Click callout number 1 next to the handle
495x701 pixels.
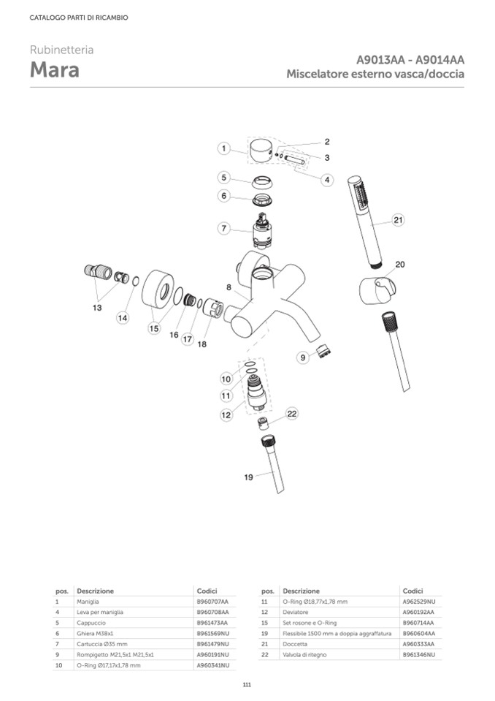(x=225, y=148)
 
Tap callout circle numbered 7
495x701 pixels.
(x=225, y=229)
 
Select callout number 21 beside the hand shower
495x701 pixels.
(x=398, y=220)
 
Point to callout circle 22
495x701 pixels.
(x=292, y=414)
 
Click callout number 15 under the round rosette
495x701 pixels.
(x=153, y=329)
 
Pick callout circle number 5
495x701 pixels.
(x=225, y=178)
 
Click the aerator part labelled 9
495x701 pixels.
(x=321, y=354)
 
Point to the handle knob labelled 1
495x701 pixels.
(x=261, y=152)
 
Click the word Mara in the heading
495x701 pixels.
(x=55, y=71)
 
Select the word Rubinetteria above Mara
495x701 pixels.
(x=61, y=50)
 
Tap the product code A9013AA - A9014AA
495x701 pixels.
(x=410, y=60)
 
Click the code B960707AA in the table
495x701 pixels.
(x=212, y=600)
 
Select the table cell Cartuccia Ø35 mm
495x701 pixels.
(x=101, y=643)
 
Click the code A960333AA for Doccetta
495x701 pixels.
(x=418, y=643)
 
